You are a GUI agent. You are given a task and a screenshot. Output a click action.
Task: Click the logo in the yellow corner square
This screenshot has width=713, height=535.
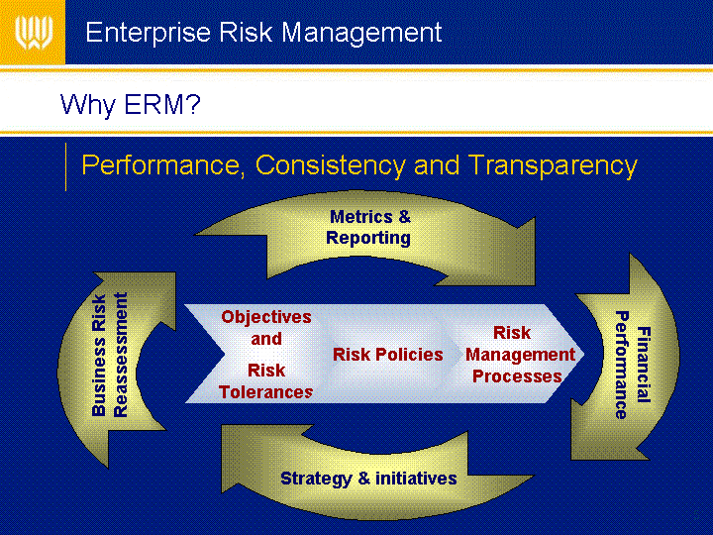[x=34, y=33]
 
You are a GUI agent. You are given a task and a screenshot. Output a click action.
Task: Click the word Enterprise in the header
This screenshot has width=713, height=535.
[x=148, y=33]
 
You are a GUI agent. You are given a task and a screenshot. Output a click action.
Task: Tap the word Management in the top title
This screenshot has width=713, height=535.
[x=361, y=34]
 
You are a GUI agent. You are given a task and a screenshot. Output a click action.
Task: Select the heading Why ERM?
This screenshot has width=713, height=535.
[x=131, y=105]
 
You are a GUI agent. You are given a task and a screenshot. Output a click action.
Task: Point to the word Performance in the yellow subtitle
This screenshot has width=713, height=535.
[x=160, y=165]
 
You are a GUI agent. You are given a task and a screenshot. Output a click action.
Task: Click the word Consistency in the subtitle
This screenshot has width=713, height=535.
[x=330, y=165]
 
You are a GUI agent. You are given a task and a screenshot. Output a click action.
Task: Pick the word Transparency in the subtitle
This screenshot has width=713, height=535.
[x=553, y=165]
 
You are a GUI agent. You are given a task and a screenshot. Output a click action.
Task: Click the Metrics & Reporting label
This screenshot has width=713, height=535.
[x=368, y=228]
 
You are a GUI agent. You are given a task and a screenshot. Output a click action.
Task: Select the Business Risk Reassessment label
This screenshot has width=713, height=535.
[x=110, y=356]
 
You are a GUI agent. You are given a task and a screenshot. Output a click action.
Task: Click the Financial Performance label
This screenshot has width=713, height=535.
[x=633, y=365]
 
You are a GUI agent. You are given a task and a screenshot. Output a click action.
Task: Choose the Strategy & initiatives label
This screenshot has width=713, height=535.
[x=368, y=479]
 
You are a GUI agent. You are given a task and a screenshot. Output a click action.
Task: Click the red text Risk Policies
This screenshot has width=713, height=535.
[x=388, y=355]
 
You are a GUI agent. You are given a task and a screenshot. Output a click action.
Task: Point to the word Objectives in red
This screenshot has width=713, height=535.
[x=266, y=317]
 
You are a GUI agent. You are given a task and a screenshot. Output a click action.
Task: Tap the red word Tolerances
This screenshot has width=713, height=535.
[x=266, y=392]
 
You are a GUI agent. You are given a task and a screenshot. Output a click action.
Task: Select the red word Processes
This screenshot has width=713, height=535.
[x=518, y=376]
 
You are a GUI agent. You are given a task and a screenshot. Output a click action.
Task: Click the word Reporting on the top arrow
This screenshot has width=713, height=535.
[x=368, y=238]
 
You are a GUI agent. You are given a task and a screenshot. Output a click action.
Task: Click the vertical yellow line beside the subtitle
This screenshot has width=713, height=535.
[x=66, y=166]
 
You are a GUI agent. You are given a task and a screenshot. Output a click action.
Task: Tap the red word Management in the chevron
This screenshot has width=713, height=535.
[x=521, y=355]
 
